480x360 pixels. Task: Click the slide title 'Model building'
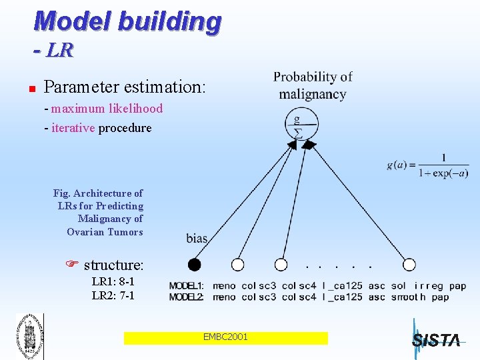click(x=127, y=21)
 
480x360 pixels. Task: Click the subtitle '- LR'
click(x=53, y=50)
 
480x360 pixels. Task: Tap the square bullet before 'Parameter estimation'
click(x=22, y=88)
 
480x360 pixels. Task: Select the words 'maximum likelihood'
click(x=107, y=108)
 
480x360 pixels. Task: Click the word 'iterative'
click(x=73, y=127)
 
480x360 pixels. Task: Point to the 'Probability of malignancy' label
click(x=313, y=85)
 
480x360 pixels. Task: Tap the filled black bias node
click(x=194, y=265)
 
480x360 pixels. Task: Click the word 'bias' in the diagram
click(x=197, y=239)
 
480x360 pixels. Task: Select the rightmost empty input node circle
click(x=409, y=265)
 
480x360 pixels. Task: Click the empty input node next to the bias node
click(x=237, y=265)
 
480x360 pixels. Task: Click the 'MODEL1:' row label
click(x=187, y=286)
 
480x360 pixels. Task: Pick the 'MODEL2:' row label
click(x=187, y=297)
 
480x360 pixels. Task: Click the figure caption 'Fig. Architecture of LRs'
click(x=99, y=212)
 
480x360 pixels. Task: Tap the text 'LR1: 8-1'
click(x=113, y=282)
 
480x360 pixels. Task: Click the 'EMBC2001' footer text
click(x=225, y=337)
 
